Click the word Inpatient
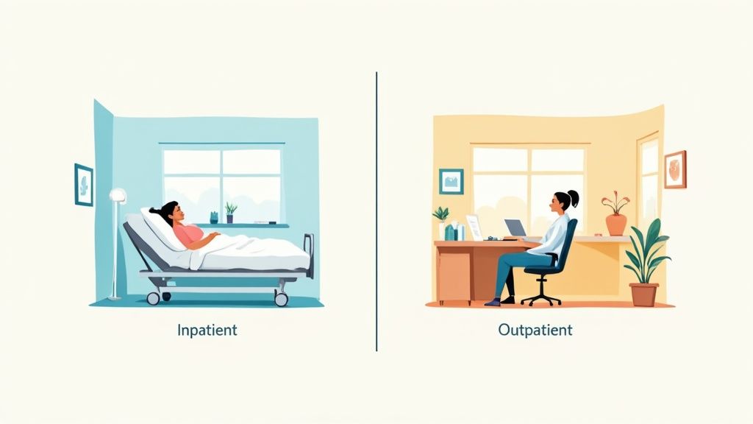[207, 330]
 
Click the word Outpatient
[535, 330]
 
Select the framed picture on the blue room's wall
[84, 184]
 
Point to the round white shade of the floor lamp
[118, 196]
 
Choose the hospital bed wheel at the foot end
[281, 298]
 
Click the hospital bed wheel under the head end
[153, 297]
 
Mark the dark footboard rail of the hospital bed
[309, 254]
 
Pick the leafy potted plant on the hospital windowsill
[231, 212]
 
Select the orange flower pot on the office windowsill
[615, 223]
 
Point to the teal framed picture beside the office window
[451, 181]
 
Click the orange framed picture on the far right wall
[674, 169]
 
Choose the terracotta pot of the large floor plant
[643, 294]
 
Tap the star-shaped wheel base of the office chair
[540, 298]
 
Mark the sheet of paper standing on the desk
[474, 227]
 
